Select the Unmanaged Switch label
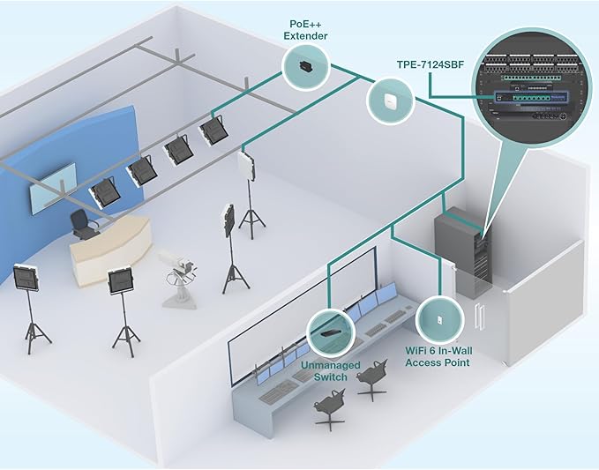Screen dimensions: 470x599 click(x=329, y=369)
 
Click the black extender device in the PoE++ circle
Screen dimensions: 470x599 click(x=305, y=65)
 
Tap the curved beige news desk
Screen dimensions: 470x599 click(x=111, y=251)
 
